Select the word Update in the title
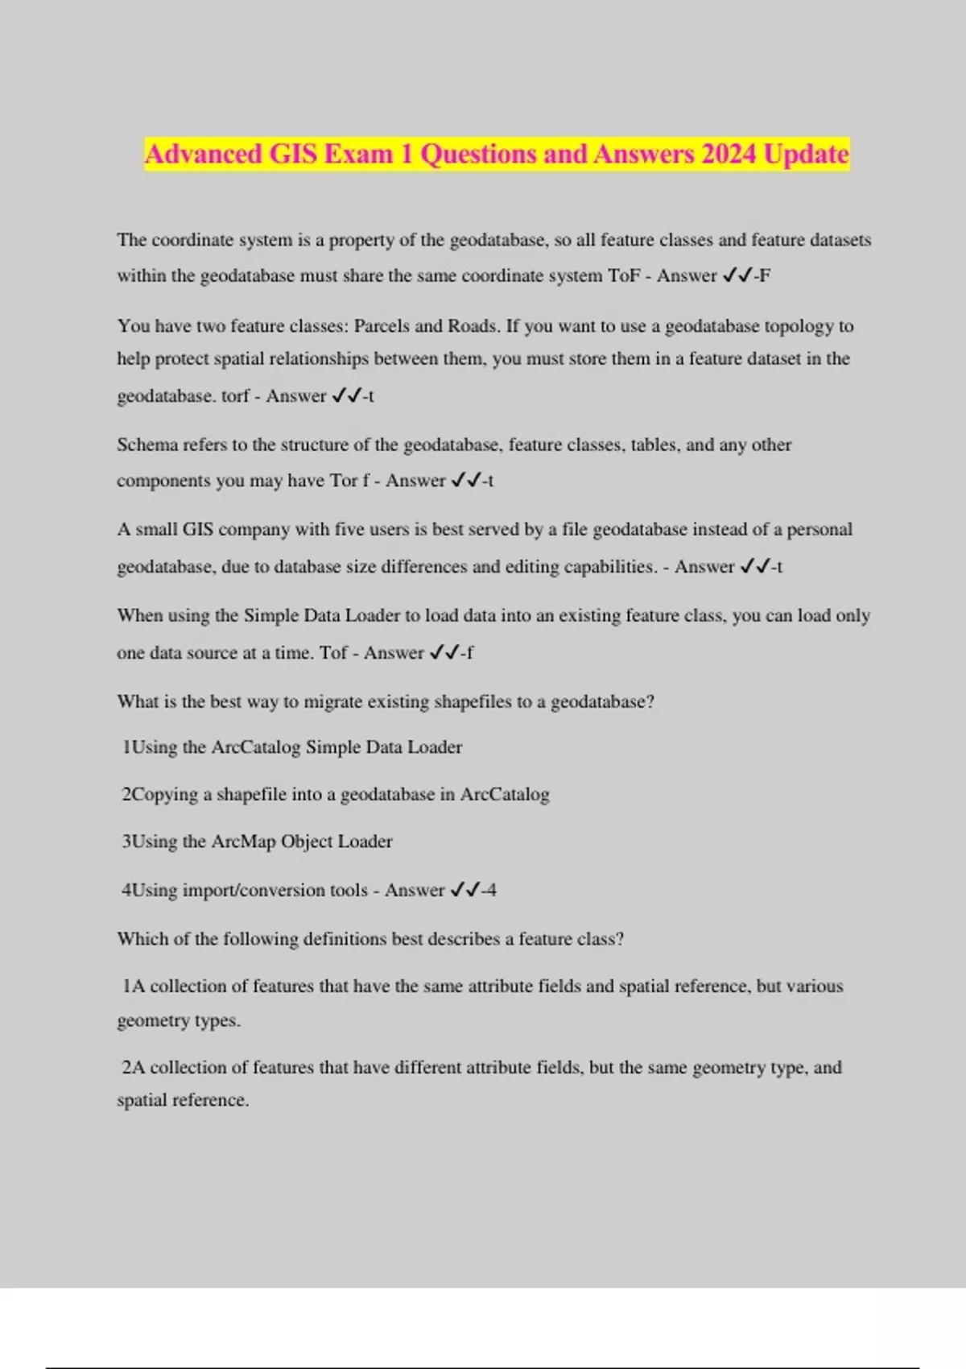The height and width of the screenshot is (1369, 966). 806,154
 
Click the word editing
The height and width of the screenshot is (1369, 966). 531,566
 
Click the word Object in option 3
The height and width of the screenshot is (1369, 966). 306,842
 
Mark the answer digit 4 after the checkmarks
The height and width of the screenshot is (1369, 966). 491,890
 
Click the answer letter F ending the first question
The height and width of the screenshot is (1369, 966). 765,275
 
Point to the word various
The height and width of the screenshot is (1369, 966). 815,986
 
